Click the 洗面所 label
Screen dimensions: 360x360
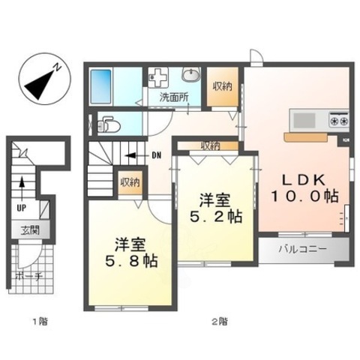pyautogui.click(x=172, y=97)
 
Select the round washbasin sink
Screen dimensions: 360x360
pyautogui.click(x=191, y=76)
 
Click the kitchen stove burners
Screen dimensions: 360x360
pyautogui.click(x=337, y=118)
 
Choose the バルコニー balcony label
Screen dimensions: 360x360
pyautogui.click(x=304, y=248)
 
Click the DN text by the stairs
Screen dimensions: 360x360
pyautogui.click(x=155, y=156)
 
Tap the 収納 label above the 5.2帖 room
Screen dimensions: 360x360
pyautogui.click(x=211, y=145)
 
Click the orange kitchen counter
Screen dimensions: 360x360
pyautogui.click(x=304, y=136)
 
